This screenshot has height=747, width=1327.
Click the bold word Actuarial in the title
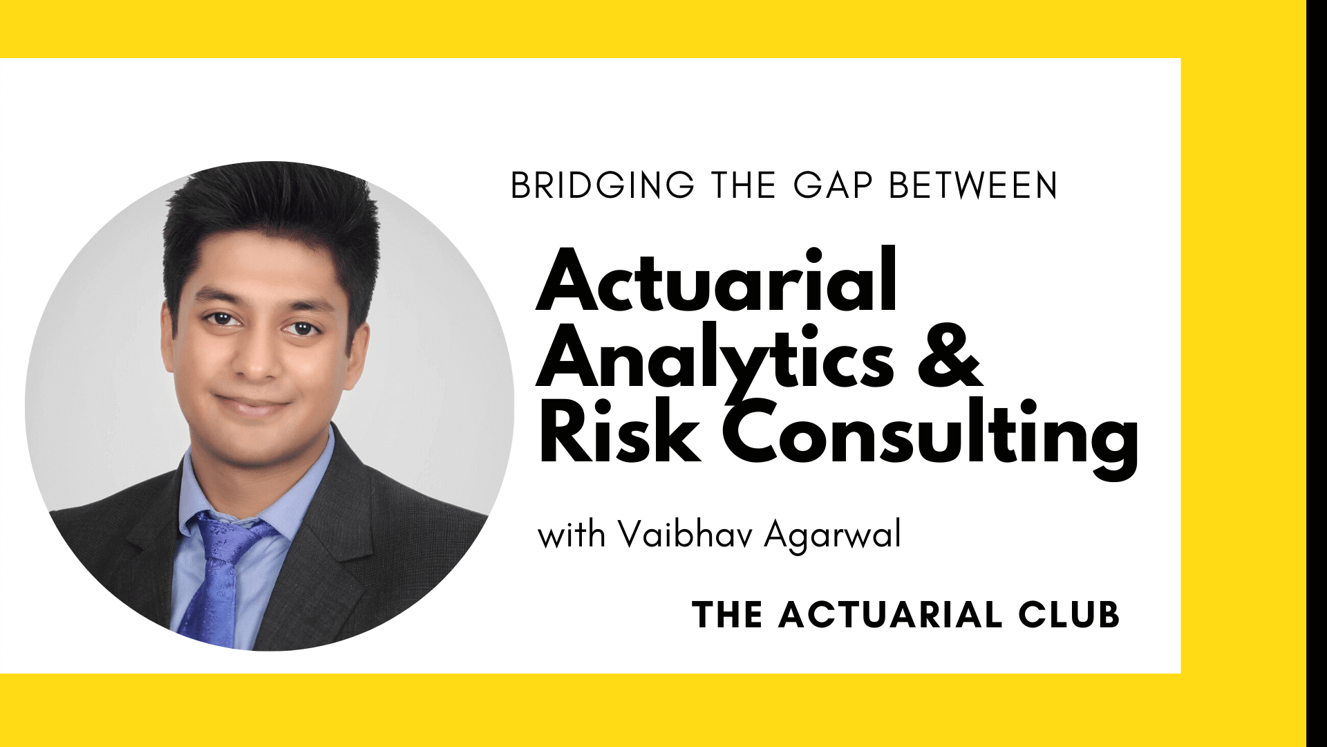[x=717, y=281]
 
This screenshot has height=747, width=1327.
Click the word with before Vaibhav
[x=572, y=536]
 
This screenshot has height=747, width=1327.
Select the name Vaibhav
[x=691, y=536]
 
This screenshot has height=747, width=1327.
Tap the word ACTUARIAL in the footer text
[x=890, y=615]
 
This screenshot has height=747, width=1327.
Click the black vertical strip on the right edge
[x=1317, y=373]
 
